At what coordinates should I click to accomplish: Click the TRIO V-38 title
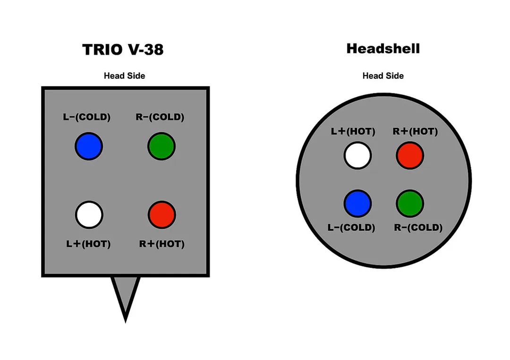[x=123, y=50]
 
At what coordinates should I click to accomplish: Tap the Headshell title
[x=383, y=49]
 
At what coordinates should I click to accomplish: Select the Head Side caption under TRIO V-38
[x=124, y=75]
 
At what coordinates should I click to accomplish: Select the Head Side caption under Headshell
[x=383, y=75]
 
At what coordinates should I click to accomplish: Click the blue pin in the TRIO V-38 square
[x=89, y=146]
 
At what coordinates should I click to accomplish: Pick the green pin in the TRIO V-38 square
[x=161, y=146]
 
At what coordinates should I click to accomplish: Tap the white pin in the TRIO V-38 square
[x=89, y=215]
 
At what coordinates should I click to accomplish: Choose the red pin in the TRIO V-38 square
[x=161, y=215]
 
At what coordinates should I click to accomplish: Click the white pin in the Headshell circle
[x=357, y=155]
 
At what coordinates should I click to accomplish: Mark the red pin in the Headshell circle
[x=410, y=155]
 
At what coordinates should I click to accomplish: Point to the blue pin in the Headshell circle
[x=357, y=203]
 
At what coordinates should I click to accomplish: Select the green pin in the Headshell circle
[x=410, y=203]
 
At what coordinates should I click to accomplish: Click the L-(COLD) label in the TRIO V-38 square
[x=87, y=117]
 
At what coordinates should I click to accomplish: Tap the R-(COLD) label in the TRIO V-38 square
[x=160, y=117]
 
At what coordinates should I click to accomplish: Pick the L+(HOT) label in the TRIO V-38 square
[x=88, y=244]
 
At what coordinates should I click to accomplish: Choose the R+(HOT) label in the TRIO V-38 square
[x=161, y=244]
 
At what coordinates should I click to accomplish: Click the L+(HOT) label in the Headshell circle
[x=353, y=132]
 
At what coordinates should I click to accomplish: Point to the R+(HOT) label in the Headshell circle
[x=416, y=132]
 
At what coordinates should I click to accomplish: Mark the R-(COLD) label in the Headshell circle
[x=418, y=227]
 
